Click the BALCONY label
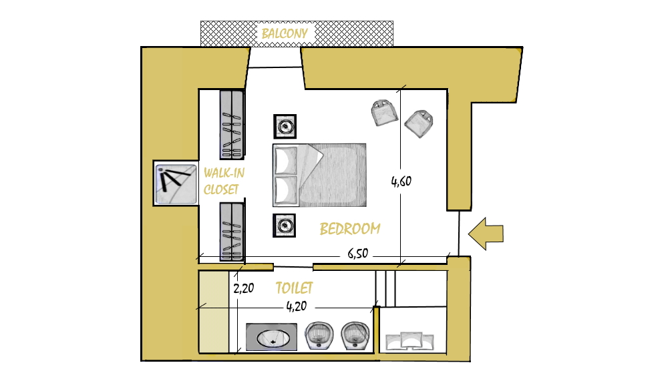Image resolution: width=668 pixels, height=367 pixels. pyautogui.click(x=285, y=33)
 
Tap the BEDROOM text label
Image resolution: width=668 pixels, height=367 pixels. pyautogui.click(x=350, y=229)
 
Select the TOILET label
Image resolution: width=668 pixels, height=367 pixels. pyautogui.click(x=294, y=288)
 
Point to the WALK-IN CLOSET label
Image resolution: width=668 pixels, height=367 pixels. pyautogui.click(x=224, y=181)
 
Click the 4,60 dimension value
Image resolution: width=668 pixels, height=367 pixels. pyautogui.click(x=401, y=181)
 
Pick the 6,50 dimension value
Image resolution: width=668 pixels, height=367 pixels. pyautogui.click(x=358, y=254)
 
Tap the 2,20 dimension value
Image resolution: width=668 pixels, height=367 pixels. pyautogui.click(x=244, y=288)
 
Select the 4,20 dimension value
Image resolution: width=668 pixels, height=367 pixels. pyautogui.click(x=297, y=306)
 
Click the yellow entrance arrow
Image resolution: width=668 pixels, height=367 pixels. pyautogui.click(x=486, y=234)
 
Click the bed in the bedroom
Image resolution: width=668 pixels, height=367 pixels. pyautogui.click(x=319, y=175)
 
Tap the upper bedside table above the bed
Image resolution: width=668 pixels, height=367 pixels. pyautogui.click(x=285, y=127)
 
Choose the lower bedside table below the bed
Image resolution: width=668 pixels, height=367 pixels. pyautogui.click(x=284, y=226)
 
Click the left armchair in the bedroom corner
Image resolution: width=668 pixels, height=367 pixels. pyautogui.click(x=385, y=113)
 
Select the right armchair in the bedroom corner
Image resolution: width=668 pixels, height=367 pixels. pyautogui.click(x=419, y=123)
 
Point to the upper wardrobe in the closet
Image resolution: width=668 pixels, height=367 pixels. pyautogui.click(x=232, y=125)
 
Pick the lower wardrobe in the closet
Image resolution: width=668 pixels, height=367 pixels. pyautogui.click(x=232, y=232)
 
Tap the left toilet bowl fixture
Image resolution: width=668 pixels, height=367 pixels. pyautogui.click(x=319, y=336)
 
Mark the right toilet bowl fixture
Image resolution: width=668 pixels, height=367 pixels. pyautogui.click(x=355, y=336)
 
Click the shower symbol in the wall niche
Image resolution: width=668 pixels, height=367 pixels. pyautogui.click(x=176, y=183)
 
